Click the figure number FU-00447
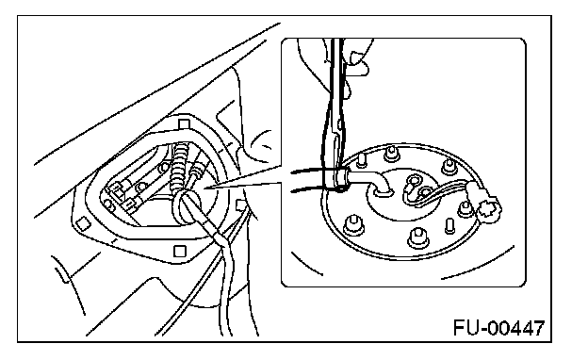(x=498, y=328)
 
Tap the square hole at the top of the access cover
(x=184, y=124)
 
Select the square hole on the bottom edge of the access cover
(x=180, y=251)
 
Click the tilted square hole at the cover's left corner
(x=83, y=223)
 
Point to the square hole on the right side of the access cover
(x=240, y=205)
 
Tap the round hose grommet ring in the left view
(x=187, y=206)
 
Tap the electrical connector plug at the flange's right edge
(x=488, y=208)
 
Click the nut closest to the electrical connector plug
(x=465, y=208)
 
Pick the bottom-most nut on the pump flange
(x=417, y=237)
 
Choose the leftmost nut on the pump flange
(x=353, y=224)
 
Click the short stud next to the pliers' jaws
(x=362, y=159)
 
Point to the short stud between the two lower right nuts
(x=449, y=226)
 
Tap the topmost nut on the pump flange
(x=391, y=153)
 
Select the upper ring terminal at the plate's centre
(x=415, y=180)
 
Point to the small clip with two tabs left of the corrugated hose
(x=120, y=193)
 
